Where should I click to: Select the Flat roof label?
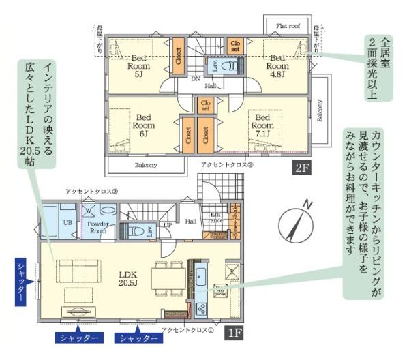tap(288, 25)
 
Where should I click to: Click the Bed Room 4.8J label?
tap(278, 62)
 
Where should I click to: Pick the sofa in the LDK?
tap(74, 267)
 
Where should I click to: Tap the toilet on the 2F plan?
tap(230, 67)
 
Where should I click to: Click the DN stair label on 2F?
tap(194, 78)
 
